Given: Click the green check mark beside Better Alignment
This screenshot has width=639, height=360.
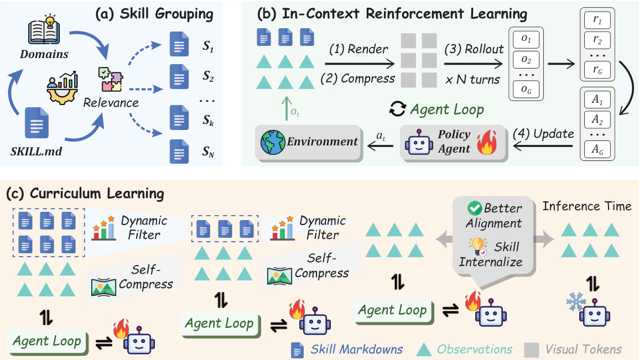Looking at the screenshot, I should [x=474, y=209].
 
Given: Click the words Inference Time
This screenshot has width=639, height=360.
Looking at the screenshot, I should [x=587, y=206].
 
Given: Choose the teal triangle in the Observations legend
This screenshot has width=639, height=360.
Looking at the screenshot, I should [x=424, y=349].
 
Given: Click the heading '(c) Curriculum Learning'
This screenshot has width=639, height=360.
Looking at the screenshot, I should [x=85, y=194].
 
